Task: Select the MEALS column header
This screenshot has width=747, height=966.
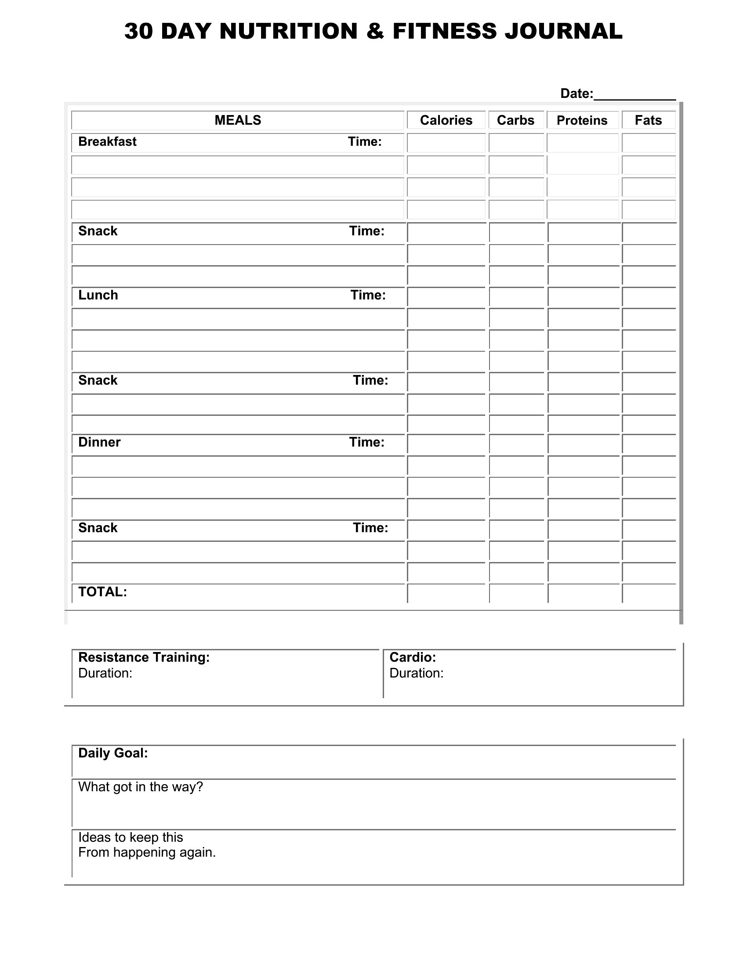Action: point(238,120)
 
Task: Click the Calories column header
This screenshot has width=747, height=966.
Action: point(446,120)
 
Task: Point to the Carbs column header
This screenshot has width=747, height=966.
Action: point(515,120)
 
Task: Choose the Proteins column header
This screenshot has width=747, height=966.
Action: point(582,120)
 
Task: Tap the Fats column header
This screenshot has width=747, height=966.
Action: point(648,120)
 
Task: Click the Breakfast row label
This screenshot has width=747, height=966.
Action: point(107,141)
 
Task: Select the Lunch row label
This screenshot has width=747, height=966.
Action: point(98,295)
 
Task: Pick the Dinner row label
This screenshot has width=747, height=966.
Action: point(99,442)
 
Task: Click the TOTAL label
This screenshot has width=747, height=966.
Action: point(102,592)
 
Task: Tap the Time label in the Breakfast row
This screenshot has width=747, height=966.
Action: point(365,141)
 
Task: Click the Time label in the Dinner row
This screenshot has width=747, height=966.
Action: point(366,442)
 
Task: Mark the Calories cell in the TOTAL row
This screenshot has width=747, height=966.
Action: point(446,593)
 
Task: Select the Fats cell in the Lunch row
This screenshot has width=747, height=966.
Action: point(649,297)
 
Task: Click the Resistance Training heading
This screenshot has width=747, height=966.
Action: point(144,657)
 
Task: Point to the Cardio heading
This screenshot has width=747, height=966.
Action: point(413,657)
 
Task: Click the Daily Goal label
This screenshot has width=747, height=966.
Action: point(113,753)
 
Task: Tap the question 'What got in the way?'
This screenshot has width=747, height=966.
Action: point(140,787)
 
